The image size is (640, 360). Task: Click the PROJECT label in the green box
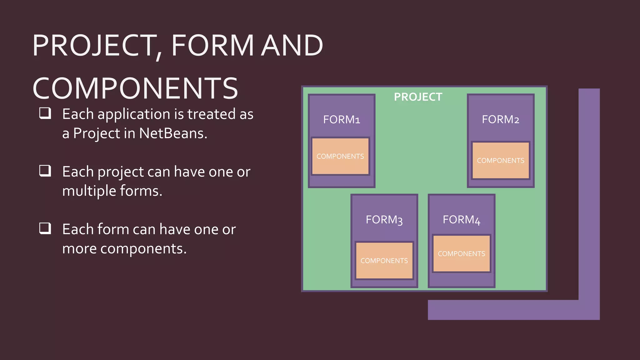click(418, 97)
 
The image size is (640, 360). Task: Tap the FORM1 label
click(341, 120)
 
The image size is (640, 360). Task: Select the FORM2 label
click(500, 119)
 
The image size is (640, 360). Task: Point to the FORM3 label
click(384, 220)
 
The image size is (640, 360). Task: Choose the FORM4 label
click(461, 220)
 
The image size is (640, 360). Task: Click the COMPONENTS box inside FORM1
click(340, 156)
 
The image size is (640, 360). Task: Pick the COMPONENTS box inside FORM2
click(501, 161)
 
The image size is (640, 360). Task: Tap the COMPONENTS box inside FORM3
click(384, 261)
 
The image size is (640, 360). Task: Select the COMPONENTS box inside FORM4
click(461, 254)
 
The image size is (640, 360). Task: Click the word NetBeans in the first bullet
click(173, 133)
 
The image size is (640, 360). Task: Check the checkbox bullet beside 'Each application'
click(45, 113)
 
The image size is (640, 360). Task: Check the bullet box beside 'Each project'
click(45, 171)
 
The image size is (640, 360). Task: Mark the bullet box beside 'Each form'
click(45, 228)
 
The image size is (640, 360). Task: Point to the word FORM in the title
click(212, 46)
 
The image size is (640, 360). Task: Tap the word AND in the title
click(292, 46)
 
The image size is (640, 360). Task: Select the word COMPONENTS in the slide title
click(135, 88)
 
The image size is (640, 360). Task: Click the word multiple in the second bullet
click(89, 191)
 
